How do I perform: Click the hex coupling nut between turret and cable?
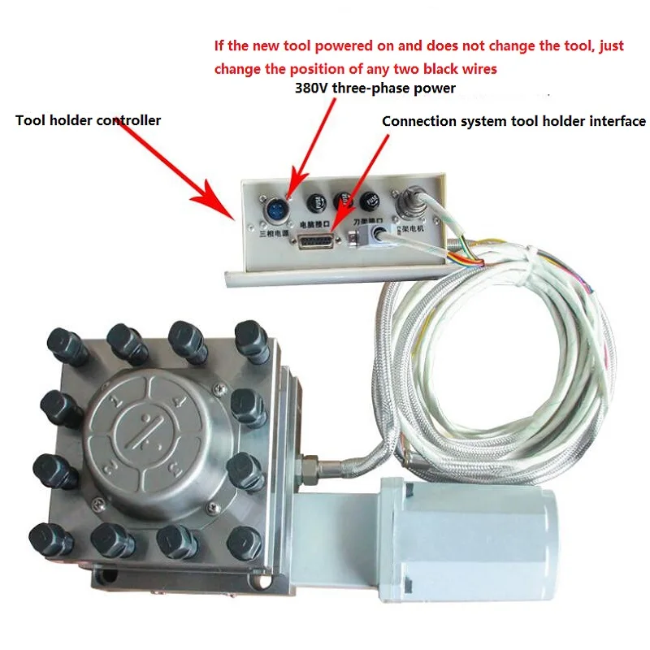click(x=310, y=470)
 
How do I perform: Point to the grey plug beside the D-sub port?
click(x=380, y=236)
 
